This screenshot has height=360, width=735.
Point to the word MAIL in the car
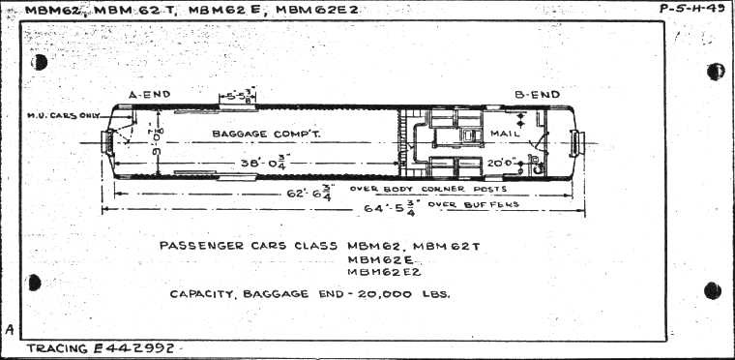(x=505, y=132)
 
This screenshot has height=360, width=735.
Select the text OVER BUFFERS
(x=485, y=204)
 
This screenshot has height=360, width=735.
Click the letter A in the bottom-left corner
(x=9, y=330)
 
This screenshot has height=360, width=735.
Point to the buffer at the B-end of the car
(x=577, y=144)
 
